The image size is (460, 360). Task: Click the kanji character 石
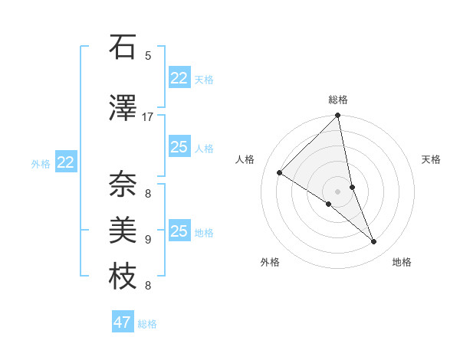pos(123,48)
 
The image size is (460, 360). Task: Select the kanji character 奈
pos(123,184)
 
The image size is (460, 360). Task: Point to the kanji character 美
pos(123,231)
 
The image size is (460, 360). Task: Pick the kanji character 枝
pos(123,277)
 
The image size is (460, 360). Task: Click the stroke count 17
pos(148,117)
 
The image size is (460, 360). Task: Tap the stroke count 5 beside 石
pos(148,56)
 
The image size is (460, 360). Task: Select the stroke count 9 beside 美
pos(148,239)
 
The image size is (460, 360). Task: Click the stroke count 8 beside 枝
pos(148,286)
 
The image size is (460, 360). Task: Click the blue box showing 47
pos(123,322)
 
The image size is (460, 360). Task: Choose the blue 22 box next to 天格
pos(179,78)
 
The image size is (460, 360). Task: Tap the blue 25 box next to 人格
pos(179,147)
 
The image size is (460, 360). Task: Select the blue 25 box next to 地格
pos(179,231)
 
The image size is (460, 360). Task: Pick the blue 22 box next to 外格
pos(66,162)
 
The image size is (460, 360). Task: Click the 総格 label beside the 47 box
pos(148,324)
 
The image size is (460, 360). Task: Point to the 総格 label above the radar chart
pos(338,100)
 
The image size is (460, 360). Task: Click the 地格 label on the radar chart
pos(402,262)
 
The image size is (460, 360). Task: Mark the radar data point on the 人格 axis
pos(279,173)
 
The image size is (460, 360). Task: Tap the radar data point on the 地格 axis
pos(374,242)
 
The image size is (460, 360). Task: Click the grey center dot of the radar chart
pos(337,191)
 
